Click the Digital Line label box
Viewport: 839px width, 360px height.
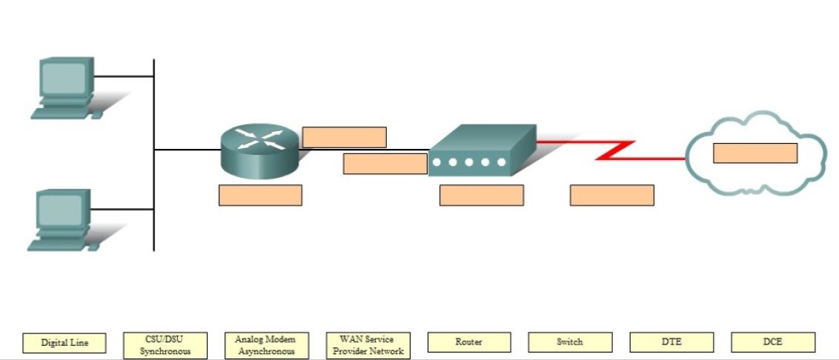click(64, 343)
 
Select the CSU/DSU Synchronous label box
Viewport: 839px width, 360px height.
click(165, 345)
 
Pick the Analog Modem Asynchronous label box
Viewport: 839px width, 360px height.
click(266, 345)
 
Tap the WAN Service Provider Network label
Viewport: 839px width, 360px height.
click(368, 345)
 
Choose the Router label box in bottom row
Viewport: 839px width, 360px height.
click(469, 342)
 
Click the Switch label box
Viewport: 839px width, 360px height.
click(570, 342)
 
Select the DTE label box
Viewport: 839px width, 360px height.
click(671, 342)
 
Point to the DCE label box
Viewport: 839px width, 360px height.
click(773, 342)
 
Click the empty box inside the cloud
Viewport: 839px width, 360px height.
click(755, 153)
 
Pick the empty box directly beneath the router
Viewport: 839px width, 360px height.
click(260, 196)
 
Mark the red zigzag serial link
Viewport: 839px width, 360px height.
click(614, 150)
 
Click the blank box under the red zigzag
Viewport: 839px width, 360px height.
click(611, 196)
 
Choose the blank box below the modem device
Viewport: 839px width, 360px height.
click(481, 196)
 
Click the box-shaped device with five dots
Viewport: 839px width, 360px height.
click(482, 150)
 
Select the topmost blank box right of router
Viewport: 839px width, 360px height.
click(344, 137)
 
